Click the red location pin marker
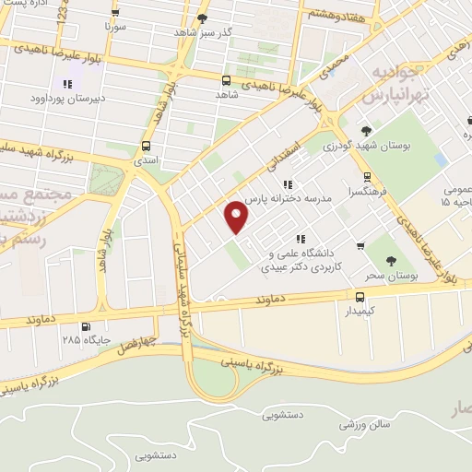click(x=237, y=216)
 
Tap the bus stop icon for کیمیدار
click(x=360, y=297)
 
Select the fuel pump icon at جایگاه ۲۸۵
click(x=87, y=325)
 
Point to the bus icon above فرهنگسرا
click(x=367, y=177)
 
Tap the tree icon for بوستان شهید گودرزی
click(x=367, y=130)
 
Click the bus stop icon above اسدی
click(x=146, y=146)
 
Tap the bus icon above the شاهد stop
click(x=227, y=79)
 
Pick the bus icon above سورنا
click(x=114, y=13)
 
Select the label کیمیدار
click(x=360, y=312)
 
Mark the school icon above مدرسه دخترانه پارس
click(x=287, y=183)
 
